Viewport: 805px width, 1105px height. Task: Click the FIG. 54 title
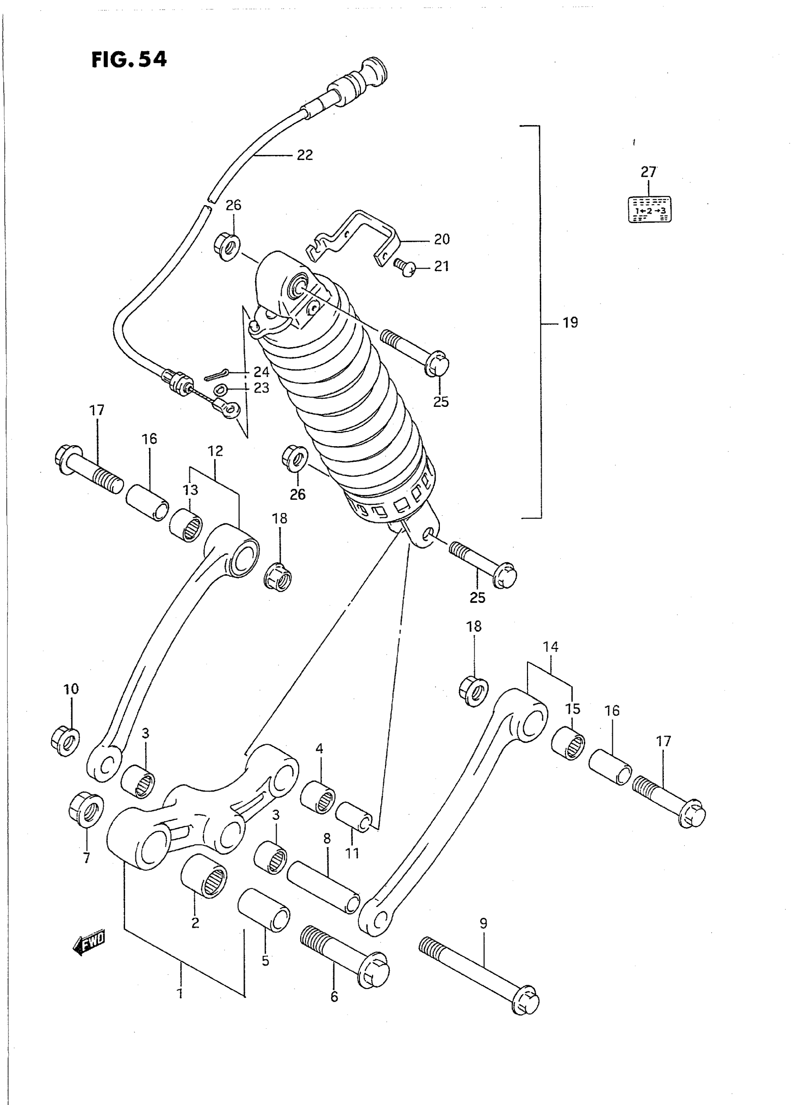[x=129, y=60]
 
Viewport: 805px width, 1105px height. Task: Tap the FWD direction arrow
[x=89, y=945]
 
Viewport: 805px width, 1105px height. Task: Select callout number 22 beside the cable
[x=304, y=155]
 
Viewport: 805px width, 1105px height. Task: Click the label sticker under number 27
[x=649, y=209]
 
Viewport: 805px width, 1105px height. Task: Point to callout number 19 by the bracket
[x=570, y=323]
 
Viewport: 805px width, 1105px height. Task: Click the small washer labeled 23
[x=220, y=389]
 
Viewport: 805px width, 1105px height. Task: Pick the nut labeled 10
[x=65, y=742]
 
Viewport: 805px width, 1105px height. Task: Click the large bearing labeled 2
[x=204, y=874]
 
